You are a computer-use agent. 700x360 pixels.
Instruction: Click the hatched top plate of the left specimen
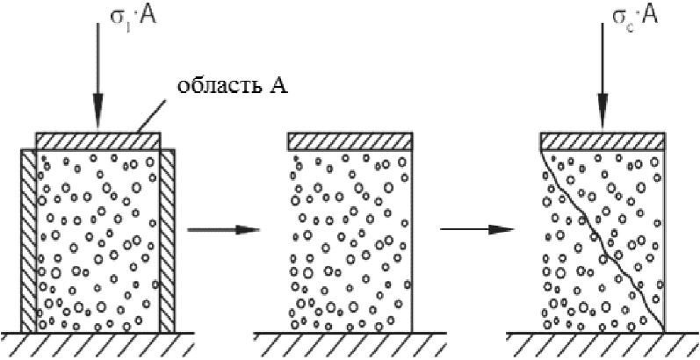click(98, 140)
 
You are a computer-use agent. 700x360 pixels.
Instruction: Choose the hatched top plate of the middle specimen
click(350, 140)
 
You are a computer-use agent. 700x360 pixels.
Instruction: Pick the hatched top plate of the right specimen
click(602, 140)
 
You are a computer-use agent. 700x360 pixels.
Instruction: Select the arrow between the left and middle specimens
click(225, 230)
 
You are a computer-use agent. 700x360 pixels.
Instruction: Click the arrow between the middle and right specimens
click(476, 230)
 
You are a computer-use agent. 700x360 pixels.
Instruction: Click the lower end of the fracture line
click(660, 330)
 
